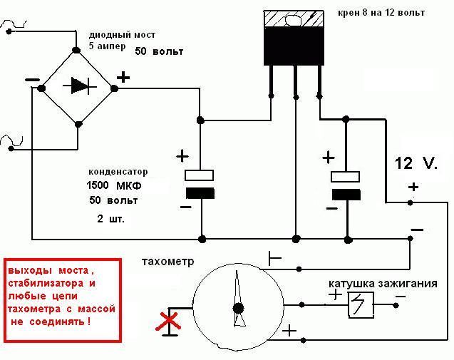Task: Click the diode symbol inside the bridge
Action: coord(80,86)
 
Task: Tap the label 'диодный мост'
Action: coord(122,35)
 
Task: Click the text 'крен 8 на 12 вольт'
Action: coord(381,13)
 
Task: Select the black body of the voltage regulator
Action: coord(294,46)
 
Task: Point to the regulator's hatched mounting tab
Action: coord(294,19)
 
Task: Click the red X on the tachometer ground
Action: coord(168,321)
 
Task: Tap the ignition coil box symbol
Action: coord(361,305)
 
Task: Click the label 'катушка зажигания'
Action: coord(383,283)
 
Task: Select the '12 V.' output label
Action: coord(416,164)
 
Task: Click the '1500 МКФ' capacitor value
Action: coord(114,185)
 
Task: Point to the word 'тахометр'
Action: coord(168,262)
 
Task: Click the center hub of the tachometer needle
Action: coord(238,309)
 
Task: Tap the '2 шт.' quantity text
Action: coord(110,219)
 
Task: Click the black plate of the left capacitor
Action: coord(200,193)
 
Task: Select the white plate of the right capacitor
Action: coord(346,177)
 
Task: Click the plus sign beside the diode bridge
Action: coord(123,78)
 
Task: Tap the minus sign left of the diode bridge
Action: coord(33,80)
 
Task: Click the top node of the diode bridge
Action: coord(76,50)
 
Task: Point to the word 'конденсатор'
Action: coord(118,172)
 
